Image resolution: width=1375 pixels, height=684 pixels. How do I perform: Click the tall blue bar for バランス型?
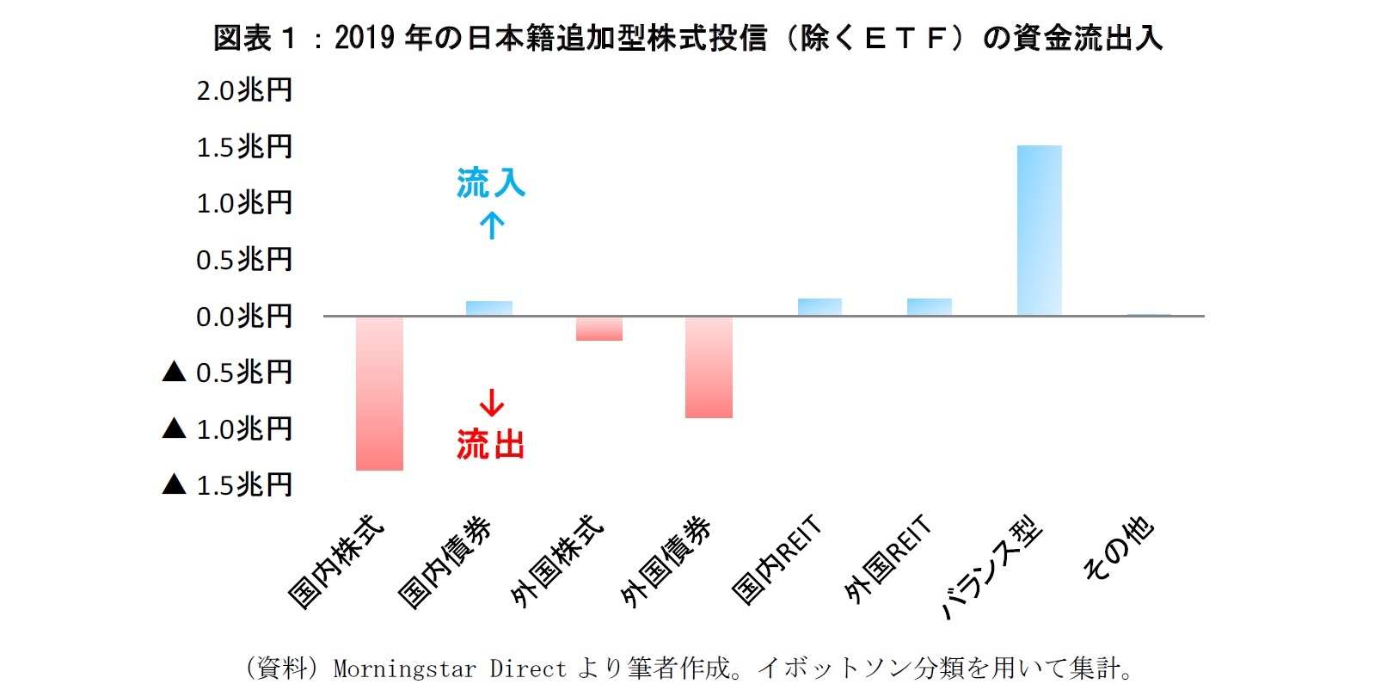pyautogui.click(x=1039, y=230)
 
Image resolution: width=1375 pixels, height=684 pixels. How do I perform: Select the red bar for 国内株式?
pyautogui.click(x=379, y=393)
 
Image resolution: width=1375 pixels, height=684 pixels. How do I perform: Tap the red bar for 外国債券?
pyautogui.click(x=709, y=367)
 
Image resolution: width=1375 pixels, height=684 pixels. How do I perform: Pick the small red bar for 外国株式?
pyautogui.click(x=599, y=329)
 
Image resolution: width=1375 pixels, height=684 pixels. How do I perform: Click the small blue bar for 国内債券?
pyautogui.click(x=489, y=308)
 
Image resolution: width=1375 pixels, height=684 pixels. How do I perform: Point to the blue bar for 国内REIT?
pyautogui.click(x=819, y=307)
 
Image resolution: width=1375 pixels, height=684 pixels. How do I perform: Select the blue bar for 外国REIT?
pyautogui.click(x=929, y=307)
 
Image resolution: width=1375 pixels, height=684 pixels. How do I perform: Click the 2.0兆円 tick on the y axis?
pyautogui.click(x=244, y=89)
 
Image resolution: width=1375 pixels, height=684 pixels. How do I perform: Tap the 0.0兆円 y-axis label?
pyautogui.click(x=244, y=316)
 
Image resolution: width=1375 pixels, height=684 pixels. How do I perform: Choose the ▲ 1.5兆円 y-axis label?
pyautogui.click(x=228, y=485)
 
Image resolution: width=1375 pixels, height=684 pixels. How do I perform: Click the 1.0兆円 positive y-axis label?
pyautogui.click(x=244, y=203)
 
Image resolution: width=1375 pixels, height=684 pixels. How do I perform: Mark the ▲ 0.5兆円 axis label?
pyautogui.click(x=228, y=373)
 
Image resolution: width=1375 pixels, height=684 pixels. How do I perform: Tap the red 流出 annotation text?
pyautogui.click(x=490, y=445)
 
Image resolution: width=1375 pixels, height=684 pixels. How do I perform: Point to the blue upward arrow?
pyautogui.click(x=492, y=226)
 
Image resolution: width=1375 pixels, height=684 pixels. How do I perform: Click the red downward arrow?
pyautogui.click(x=492, y=403)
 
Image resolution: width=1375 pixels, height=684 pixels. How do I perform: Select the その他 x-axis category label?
pyautogui.click(x=1118, y=549)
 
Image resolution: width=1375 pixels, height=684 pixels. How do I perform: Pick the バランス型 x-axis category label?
pyautogui.click(x=993, y=568)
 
